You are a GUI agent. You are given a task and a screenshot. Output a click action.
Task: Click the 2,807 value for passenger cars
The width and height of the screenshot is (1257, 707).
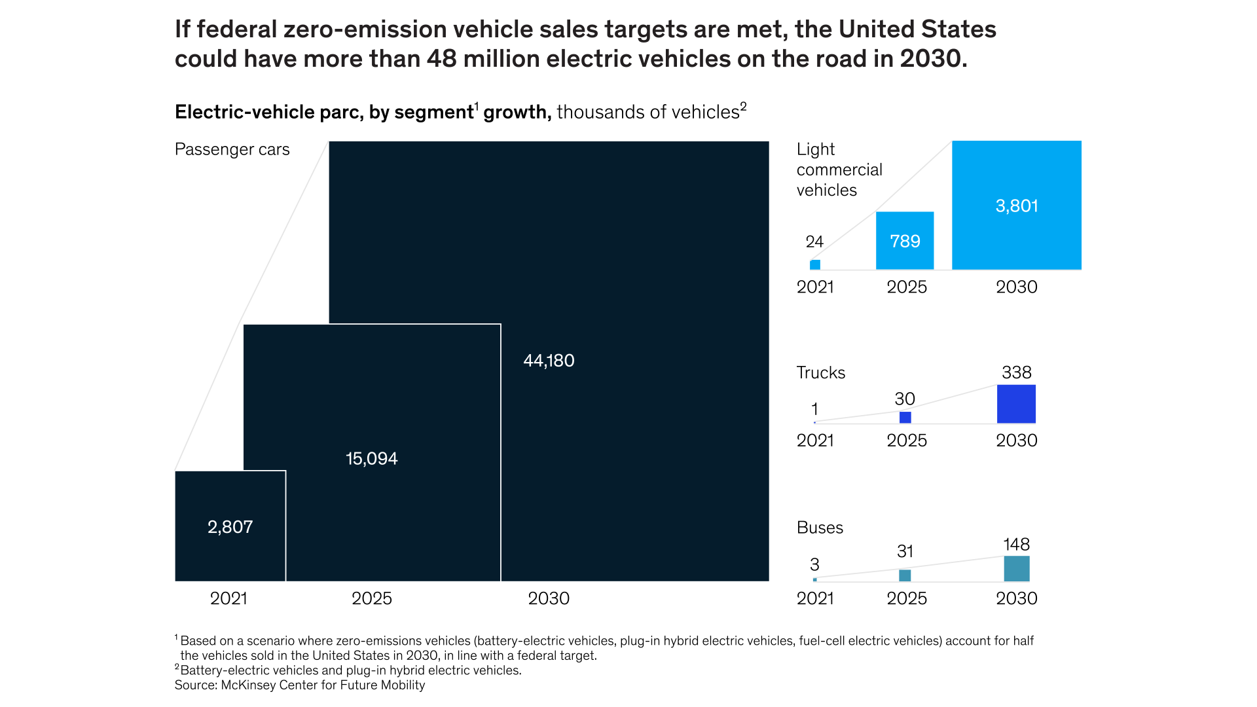[x=230, y=527]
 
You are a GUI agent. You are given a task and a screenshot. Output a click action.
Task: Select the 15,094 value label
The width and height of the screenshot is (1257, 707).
[x=371, y=458]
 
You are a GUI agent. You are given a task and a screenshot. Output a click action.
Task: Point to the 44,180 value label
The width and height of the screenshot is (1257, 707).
[x=549, y=361]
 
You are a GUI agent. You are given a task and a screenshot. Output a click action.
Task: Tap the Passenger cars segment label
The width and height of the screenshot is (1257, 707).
[x=232, y=149]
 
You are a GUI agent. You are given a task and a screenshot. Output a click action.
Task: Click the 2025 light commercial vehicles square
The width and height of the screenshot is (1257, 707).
[x=905, y=240]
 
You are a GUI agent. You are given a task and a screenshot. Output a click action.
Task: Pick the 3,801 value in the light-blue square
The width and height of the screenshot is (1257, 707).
[x=1016, y=206]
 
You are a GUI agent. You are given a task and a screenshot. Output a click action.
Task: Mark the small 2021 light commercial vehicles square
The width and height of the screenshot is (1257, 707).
[x=815, y=264]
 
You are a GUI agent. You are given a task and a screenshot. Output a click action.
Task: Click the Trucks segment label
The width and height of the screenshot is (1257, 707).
[x=820, y=372]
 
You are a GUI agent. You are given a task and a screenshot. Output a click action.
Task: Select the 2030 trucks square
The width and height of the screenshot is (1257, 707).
[x=1016, y=404]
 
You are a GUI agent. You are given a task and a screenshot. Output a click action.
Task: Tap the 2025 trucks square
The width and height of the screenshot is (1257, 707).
[x=905, y=418]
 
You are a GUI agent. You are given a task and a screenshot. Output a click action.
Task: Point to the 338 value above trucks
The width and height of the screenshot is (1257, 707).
[x=1016, y=372]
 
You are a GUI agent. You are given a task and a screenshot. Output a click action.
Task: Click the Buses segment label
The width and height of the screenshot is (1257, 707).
[x=820, y=528]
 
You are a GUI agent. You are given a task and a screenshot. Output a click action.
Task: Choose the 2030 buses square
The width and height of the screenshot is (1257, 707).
[x=1016, y=569]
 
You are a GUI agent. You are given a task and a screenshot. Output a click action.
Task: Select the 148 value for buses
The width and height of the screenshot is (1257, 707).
[x=1016, y=545]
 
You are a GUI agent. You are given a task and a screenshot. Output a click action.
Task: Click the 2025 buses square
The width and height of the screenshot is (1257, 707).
[x=905, y=575]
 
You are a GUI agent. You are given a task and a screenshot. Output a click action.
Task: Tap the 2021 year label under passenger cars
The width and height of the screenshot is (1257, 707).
[x=228, y=598]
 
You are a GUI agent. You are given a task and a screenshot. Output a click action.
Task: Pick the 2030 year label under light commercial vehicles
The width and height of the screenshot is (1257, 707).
[x=1016, y=287]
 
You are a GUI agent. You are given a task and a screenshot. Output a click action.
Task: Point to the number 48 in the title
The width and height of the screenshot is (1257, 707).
[x=442, y=59]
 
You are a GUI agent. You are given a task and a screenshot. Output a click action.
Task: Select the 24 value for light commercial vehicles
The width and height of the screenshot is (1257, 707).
[x=814, y=242]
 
